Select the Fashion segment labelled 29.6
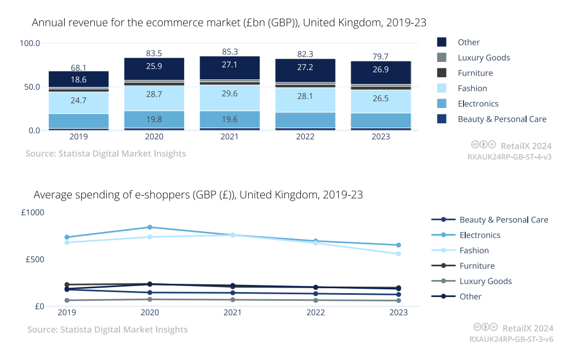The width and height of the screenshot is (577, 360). coord(230,94)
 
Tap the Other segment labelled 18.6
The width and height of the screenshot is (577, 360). coord(79,79)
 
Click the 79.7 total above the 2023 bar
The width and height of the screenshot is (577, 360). coord(381,56)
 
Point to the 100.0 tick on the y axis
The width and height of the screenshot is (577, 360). coord(30,43)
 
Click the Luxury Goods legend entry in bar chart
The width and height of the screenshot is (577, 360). coord(483,58)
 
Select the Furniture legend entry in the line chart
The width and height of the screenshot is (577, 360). coord(477,266)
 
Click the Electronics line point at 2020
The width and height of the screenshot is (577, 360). coord(150,227)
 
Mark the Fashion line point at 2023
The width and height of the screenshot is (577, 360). coord(398,254)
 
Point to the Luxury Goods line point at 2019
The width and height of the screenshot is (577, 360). coord(67,300)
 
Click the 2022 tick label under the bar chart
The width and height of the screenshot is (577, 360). coord(305,136)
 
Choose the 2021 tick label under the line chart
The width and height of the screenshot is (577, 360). coord(233,312)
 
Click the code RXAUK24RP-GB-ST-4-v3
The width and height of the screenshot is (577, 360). coord(509,156)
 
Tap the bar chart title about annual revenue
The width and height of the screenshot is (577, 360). coord(229,22)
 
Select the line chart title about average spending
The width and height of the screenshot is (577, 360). coord(198,195)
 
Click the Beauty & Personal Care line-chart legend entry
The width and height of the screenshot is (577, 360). coord(504,220)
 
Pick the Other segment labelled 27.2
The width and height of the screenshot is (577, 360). coord(305,70)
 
